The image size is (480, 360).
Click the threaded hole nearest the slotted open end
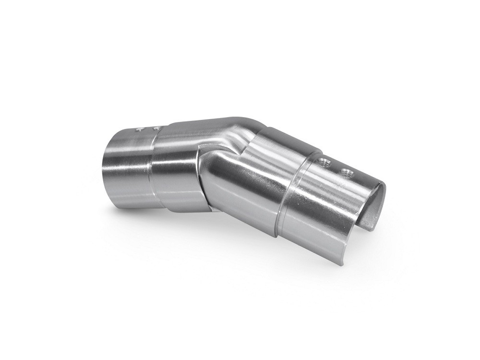click(x=345, y=172)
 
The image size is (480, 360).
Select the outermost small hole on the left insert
click(x=139, y=129)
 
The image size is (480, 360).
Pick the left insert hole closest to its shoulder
click(x=155, y=128)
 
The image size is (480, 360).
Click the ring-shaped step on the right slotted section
click(x=293, y=192)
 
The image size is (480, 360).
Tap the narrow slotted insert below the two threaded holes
click(x=326, y=206)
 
